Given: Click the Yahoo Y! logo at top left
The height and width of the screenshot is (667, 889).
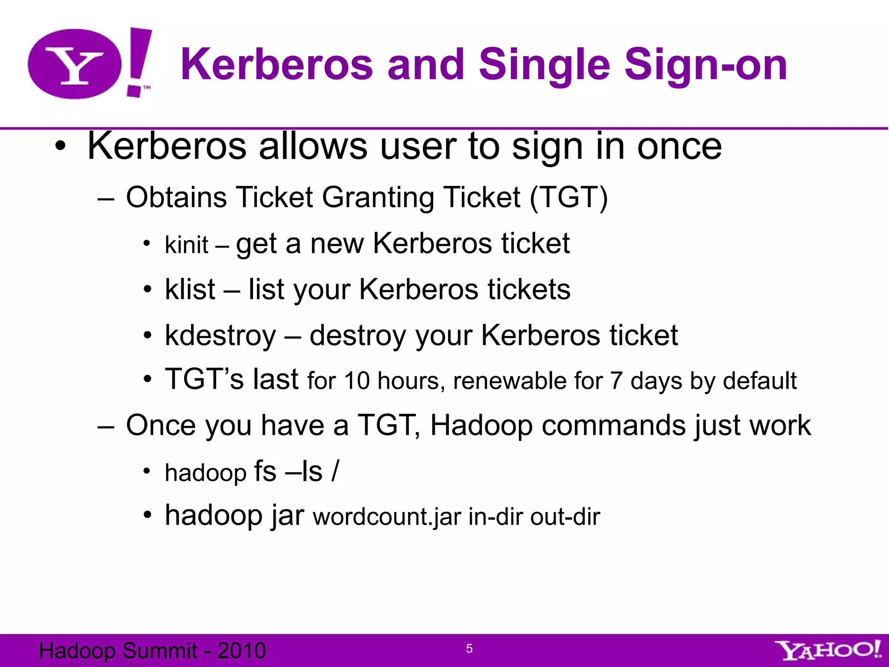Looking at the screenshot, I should coord(89,64).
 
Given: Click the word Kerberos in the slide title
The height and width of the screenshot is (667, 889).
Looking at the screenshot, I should coord(277,65).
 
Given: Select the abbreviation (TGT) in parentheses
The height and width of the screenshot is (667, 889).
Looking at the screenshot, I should coord(569,198).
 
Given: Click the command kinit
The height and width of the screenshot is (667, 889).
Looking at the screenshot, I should coord(187,245).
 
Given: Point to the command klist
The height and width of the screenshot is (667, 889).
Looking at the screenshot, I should coord(190,289).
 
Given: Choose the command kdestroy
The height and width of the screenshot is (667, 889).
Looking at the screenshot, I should coord(220,336).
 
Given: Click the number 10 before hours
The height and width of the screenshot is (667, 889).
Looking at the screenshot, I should coord(357,381).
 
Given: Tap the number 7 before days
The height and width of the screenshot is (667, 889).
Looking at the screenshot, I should coord(616,381).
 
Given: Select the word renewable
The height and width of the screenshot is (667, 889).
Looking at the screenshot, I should coord(510,381).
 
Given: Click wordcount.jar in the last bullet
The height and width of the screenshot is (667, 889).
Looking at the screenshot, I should coord(387,517).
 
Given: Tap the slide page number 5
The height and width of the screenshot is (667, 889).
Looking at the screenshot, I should coord(469,649).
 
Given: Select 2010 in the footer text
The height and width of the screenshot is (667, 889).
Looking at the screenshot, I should coord(241,650).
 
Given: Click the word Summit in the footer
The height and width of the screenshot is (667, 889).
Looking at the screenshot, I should coord(160,650).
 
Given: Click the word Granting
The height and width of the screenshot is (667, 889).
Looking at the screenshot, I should coord(378,198).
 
